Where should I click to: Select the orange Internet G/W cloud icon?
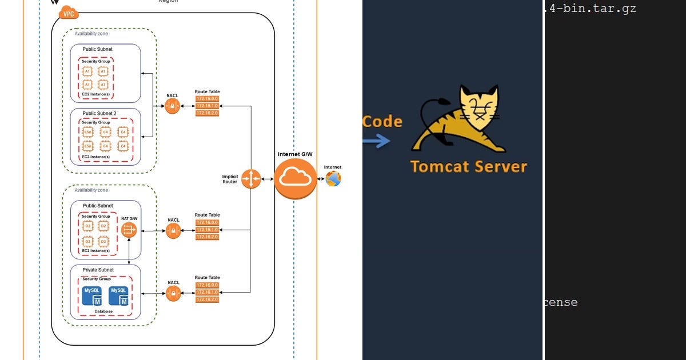(295, 179)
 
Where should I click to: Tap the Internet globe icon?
(333, 179)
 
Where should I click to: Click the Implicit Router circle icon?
(250, 179)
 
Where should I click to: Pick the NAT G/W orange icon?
(129, 230)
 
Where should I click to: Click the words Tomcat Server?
(468, 166)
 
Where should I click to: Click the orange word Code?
(382, 121)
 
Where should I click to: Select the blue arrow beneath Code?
(377, 141)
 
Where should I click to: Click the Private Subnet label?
(98, 270)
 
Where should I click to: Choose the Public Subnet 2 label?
(99, 113)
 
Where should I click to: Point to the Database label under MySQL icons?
(103, 311)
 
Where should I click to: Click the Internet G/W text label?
(295, 154)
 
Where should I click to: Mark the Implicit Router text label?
(230, 179)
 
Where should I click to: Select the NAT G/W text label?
(129, 218)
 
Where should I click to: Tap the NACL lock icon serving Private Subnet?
(173, 294)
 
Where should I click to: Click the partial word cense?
(560, 302)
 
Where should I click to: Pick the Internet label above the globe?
(333, 167)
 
